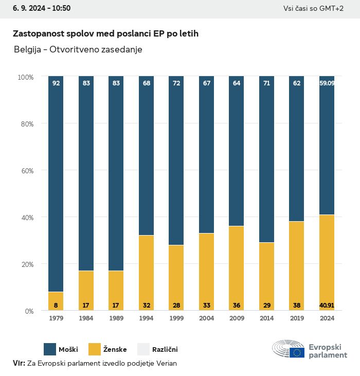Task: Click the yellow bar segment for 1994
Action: [147, 273]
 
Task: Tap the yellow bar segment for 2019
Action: [297, 266]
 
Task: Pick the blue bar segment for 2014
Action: [266, 159]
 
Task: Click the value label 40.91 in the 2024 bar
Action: [327, 305]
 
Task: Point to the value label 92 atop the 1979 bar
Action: [56, 83]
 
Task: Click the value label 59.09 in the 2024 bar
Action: [327, 83]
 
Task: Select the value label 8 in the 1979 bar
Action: [56, 305]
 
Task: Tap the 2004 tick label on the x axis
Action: [206, 318]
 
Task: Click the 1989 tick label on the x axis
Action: [116, 318]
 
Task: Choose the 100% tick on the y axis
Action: [25, 77]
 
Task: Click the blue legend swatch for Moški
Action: [50, 349]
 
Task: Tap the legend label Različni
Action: [165, 350]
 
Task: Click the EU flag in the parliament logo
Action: [297, 352]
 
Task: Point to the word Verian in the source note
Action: [166, 363]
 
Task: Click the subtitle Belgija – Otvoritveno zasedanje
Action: [78, 50]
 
